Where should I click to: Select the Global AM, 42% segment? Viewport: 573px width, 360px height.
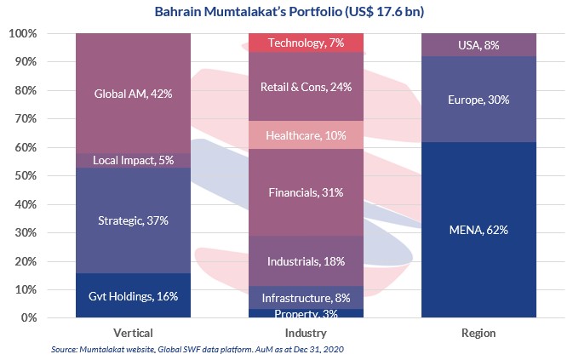pyautogui.click(x=134, y=94)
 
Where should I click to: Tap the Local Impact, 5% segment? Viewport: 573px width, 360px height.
pyautogui.click(x=134, y=161)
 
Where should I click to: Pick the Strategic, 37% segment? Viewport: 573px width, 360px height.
pyautogui.click(x=134, y=220)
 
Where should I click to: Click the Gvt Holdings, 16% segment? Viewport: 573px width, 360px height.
pyautogui.click(x=134, y=295)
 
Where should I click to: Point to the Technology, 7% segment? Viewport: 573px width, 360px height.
pyautogui.click(x=305, y=43)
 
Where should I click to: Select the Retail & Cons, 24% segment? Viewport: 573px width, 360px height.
pyautogui.click(x=305, y=86)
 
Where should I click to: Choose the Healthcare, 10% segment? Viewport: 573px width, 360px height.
pyautogui.click(x=305, y=134)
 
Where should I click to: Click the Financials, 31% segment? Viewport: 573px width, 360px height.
pyautogui.click(x=305, y=192)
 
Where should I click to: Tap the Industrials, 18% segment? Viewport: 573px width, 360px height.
pyautogui.click(x=305, y=260)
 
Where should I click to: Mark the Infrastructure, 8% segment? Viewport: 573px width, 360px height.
pyautogui.click(x=305, y=297)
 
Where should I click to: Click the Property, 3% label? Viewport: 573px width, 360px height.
pyautogui.click(x=305, y=314)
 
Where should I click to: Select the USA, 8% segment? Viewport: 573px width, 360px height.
pyautogui.click(x=478, y=45)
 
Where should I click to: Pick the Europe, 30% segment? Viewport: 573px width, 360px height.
pyautogui.click(x=478, y=99)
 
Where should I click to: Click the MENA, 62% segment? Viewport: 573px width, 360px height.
pyautogui.click(x=478, y=230)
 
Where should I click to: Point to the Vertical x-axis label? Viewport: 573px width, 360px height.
pyautogui.click(x=134, y=333)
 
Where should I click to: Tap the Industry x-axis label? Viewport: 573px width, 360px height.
pyautogui.click(x=305, y=333)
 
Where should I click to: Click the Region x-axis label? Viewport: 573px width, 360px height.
pyautogui.click(x=478, y=333)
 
